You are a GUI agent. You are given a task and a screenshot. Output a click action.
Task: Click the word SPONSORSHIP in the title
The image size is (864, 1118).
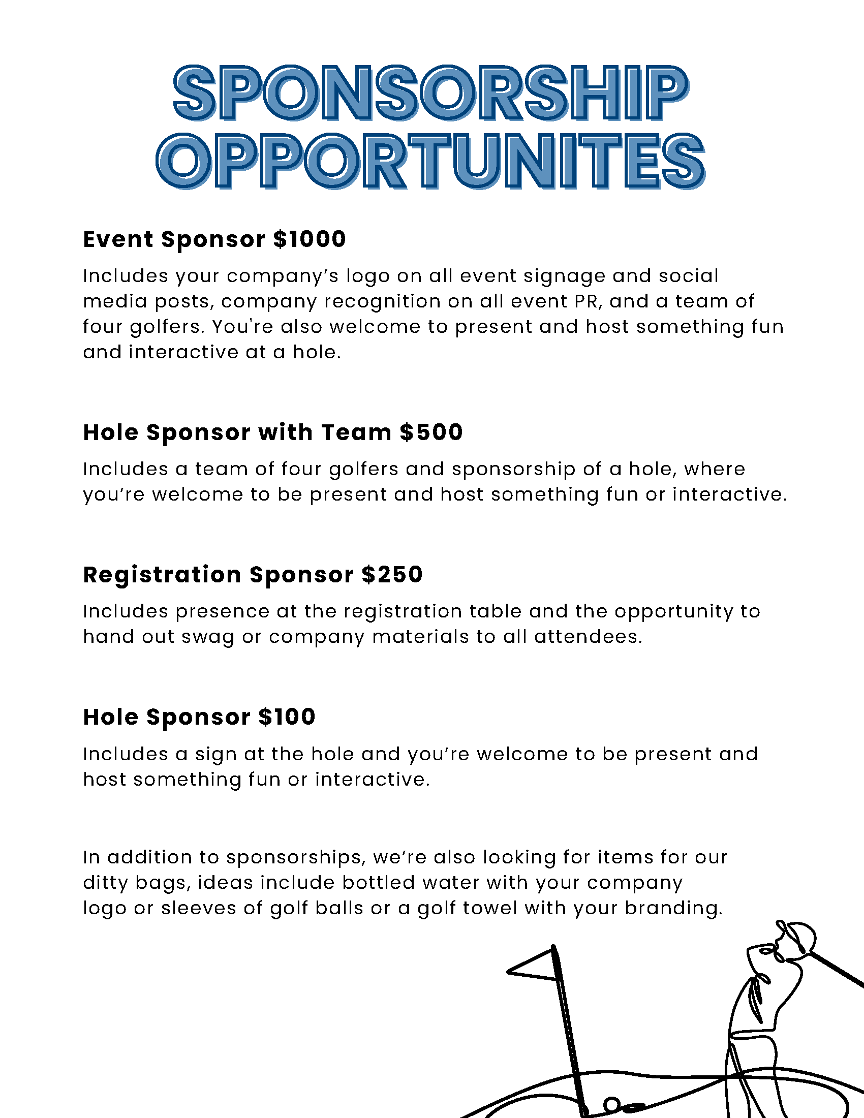coord(431,93)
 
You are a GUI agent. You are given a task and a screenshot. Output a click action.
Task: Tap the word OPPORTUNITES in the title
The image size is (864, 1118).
coord(431,161)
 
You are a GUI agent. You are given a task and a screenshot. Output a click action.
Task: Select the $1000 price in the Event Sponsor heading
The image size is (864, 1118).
coord(310,239)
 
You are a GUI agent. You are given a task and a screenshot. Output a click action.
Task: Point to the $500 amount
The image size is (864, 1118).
coord(431,432)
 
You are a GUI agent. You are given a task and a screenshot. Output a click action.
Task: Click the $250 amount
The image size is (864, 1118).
coord(392,575)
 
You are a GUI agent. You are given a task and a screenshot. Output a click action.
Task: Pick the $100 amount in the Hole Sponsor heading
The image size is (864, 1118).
coord(287,717)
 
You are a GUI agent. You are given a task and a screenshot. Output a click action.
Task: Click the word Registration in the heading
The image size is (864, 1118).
coord(162,575)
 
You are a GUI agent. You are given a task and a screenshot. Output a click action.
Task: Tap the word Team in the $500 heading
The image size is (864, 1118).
coord(356,432)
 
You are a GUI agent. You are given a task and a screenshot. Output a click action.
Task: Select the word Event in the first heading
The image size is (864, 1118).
coord(118,239)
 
